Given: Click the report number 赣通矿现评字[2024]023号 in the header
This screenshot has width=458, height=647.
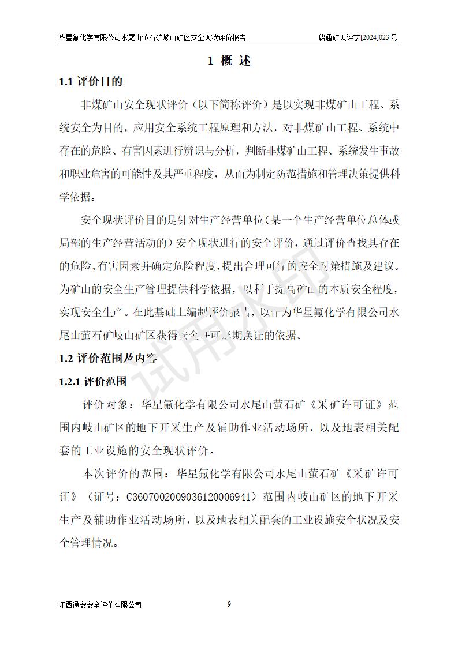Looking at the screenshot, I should [x=358, y=37].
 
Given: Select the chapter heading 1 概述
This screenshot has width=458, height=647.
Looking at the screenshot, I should [x=229, y=61].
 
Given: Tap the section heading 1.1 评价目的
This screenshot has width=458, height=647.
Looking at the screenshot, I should [x=91, y=81].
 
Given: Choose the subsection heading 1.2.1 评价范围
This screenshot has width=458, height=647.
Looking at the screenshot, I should [x=93, y=381].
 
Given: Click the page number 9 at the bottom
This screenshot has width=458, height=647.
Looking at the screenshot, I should [x=229, y=604].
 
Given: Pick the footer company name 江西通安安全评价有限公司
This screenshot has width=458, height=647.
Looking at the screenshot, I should [x=100, y=605].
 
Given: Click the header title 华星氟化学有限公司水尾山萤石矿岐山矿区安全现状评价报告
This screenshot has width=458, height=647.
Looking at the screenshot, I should [x=152, y=37].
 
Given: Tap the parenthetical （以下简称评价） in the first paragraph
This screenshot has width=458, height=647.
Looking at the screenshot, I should [x=229, y=104].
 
